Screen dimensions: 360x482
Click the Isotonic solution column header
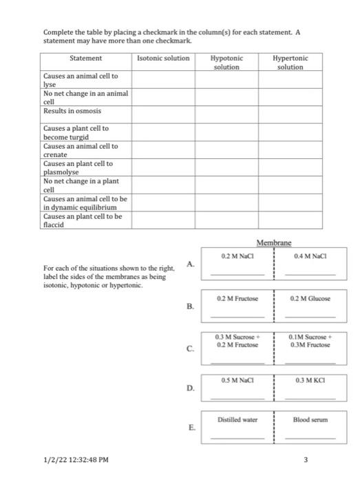tap(163, 59)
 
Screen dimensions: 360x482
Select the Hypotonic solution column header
tap(226, 63)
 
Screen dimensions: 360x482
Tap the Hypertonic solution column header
tap(290, 63)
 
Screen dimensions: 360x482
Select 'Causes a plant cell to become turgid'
tap(76, 133)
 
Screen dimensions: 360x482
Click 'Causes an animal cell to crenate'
tap(81, 151)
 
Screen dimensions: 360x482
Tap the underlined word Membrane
tap(274, 243)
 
